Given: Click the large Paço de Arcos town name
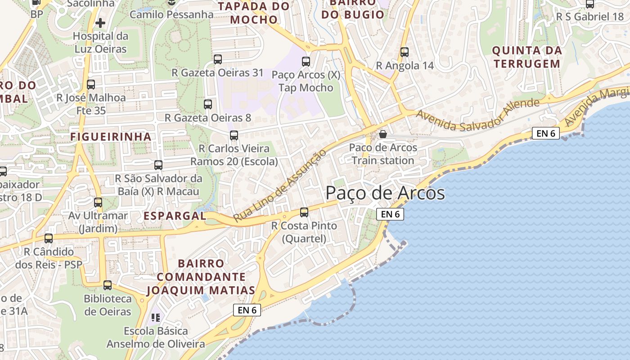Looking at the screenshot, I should coord(385,193).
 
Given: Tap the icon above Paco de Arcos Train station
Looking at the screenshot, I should coord(383,134).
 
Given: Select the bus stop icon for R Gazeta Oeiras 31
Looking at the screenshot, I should coord(218,59).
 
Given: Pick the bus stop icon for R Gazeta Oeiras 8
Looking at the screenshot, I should coord(208,104).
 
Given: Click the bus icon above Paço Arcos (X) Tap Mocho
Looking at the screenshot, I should coord(306,62).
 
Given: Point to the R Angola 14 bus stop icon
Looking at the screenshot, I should coord(405,52).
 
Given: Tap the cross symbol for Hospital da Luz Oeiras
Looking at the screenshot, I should coord(100,22).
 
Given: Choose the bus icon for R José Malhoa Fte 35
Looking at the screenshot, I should coord(91,84).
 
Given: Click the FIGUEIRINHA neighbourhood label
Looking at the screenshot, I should coord(111,136).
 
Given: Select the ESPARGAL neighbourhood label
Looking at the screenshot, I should coord(175,216).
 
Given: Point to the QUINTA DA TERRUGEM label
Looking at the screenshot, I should coord(527,57).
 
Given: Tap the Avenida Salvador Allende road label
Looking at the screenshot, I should coord(477,115).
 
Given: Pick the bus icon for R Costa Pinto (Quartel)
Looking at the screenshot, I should coord(304,212).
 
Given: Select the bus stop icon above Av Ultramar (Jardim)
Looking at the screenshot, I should coord(98,202).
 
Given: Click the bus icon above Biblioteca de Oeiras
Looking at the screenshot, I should coord(108,285).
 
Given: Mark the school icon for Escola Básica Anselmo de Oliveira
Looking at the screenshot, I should coord(156,318).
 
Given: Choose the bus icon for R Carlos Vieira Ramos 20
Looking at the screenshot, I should coord(234,135).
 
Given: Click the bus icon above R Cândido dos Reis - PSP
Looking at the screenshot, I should coord(49,238).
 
